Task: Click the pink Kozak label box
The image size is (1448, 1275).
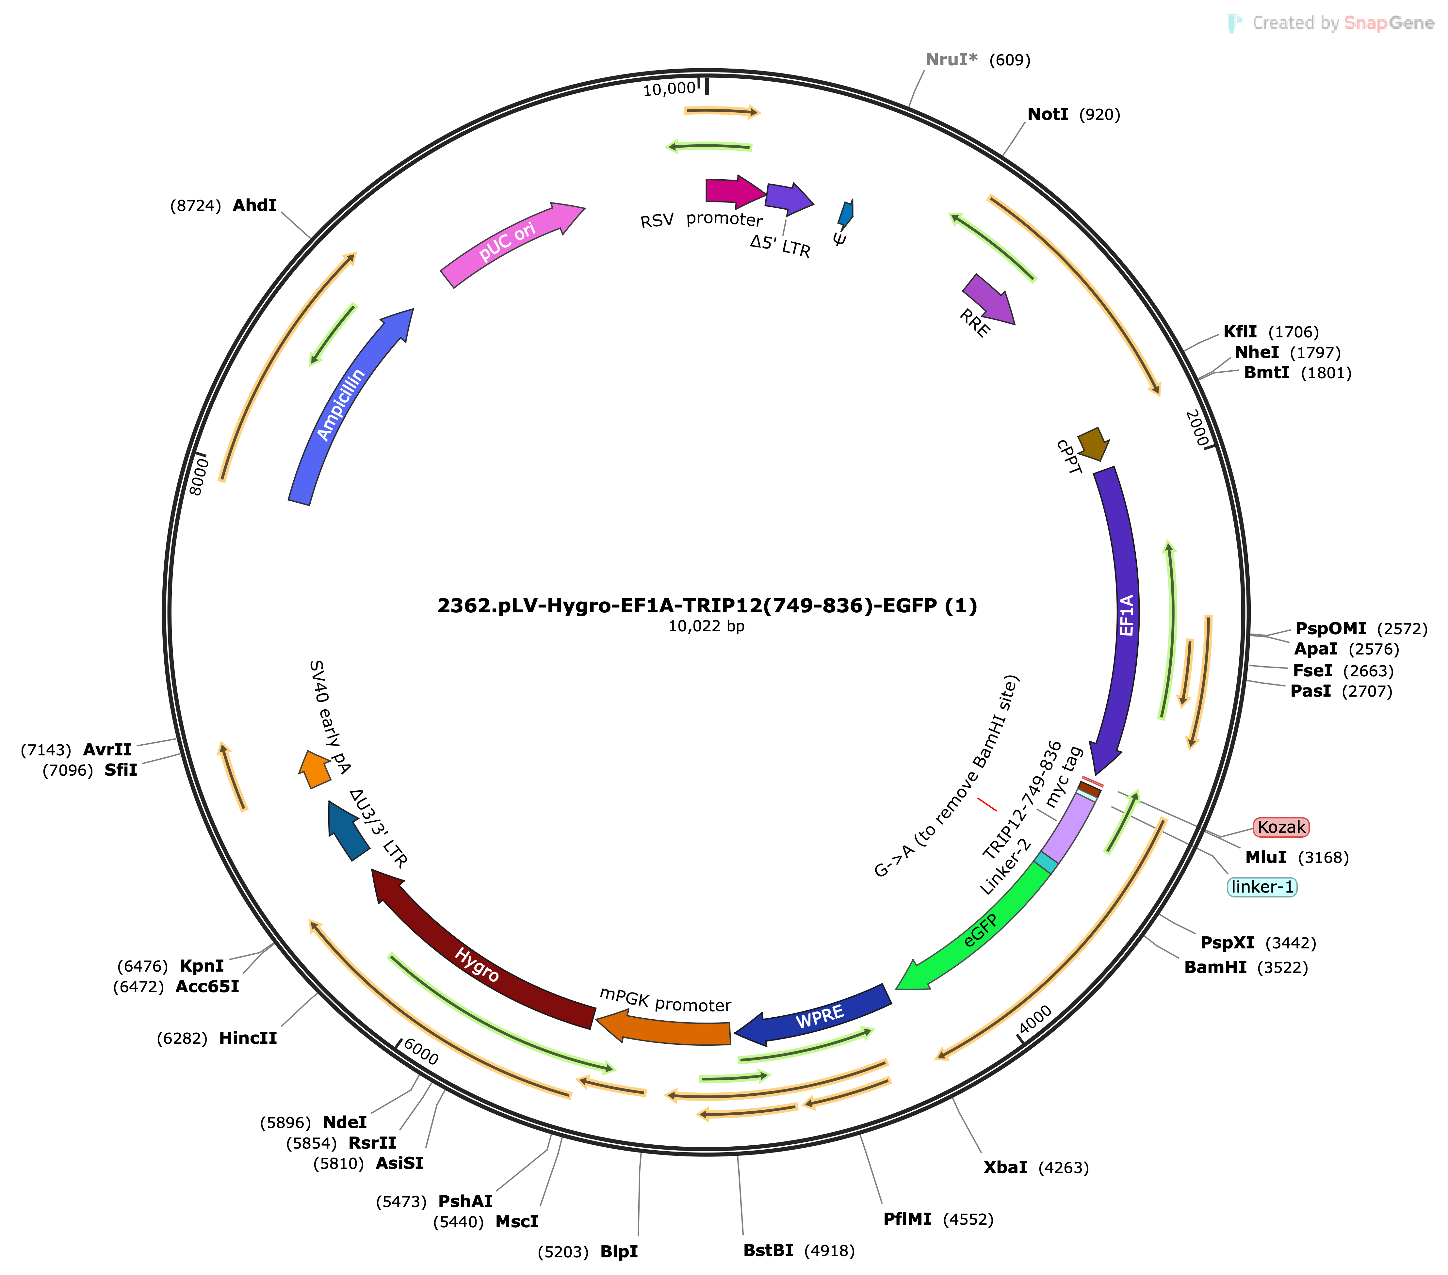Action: click(x=1281, y=827)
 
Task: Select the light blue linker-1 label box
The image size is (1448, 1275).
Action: click(x=1262, y=887)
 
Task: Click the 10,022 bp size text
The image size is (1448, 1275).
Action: click(x=706, y=626)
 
